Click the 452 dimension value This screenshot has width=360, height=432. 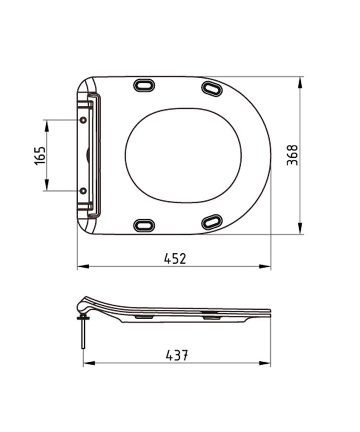[175, 258]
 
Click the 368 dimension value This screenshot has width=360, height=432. [292, 155]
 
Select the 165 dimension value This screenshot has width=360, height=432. [39, 156]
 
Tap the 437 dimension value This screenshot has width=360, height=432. [176, 354]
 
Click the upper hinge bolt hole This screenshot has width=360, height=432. [83, 121]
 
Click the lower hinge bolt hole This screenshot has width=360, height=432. [83, 191]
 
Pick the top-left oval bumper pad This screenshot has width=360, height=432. [143, 85]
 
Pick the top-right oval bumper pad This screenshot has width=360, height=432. [212, 88]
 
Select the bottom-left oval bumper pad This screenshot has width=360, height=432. [143, 225]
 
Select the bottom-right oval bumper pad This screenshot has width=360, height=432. [212, 222]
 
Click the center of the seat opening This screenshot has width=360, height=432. [183, 155]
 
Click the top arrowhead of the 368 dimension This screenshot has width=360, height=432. [300, 81]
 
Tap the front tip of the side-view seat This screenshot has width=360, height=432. [270, 313]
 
